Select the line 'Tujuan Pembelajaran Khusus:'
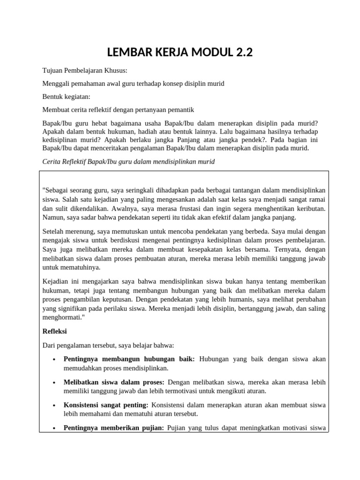84,71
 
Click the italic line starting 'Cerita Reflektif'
128,161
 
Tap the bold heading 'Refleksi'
55,331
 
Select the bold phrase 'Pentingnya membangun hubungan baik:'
129,359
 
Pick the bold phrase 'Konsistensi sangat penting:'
106,405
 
